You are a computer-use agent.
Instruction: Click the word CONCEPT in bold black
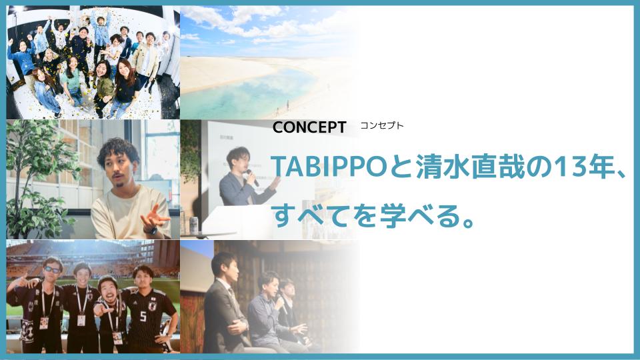click(x=309, y=127)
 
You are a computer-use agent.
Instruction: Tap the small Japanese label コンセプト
click(x=381, y=126)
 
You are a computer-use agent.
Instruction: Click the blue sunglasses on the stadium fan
click(x=52, y=269)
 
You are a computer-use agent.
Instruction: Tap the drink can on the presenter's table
click(x=194, y=225)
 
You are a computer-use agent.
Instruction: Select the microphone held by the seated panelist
click(x=281, y=304)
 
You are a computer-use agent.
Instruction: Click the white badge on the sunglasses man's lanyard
click(x=44, y=323)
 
